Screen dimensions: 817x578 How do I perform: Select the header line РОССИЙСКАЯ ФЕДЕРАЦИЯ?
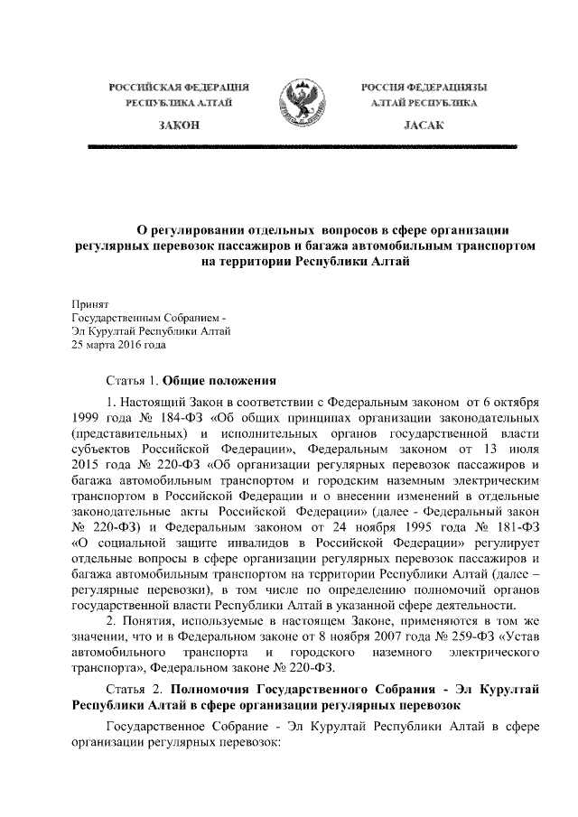(x=179, y=86)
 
